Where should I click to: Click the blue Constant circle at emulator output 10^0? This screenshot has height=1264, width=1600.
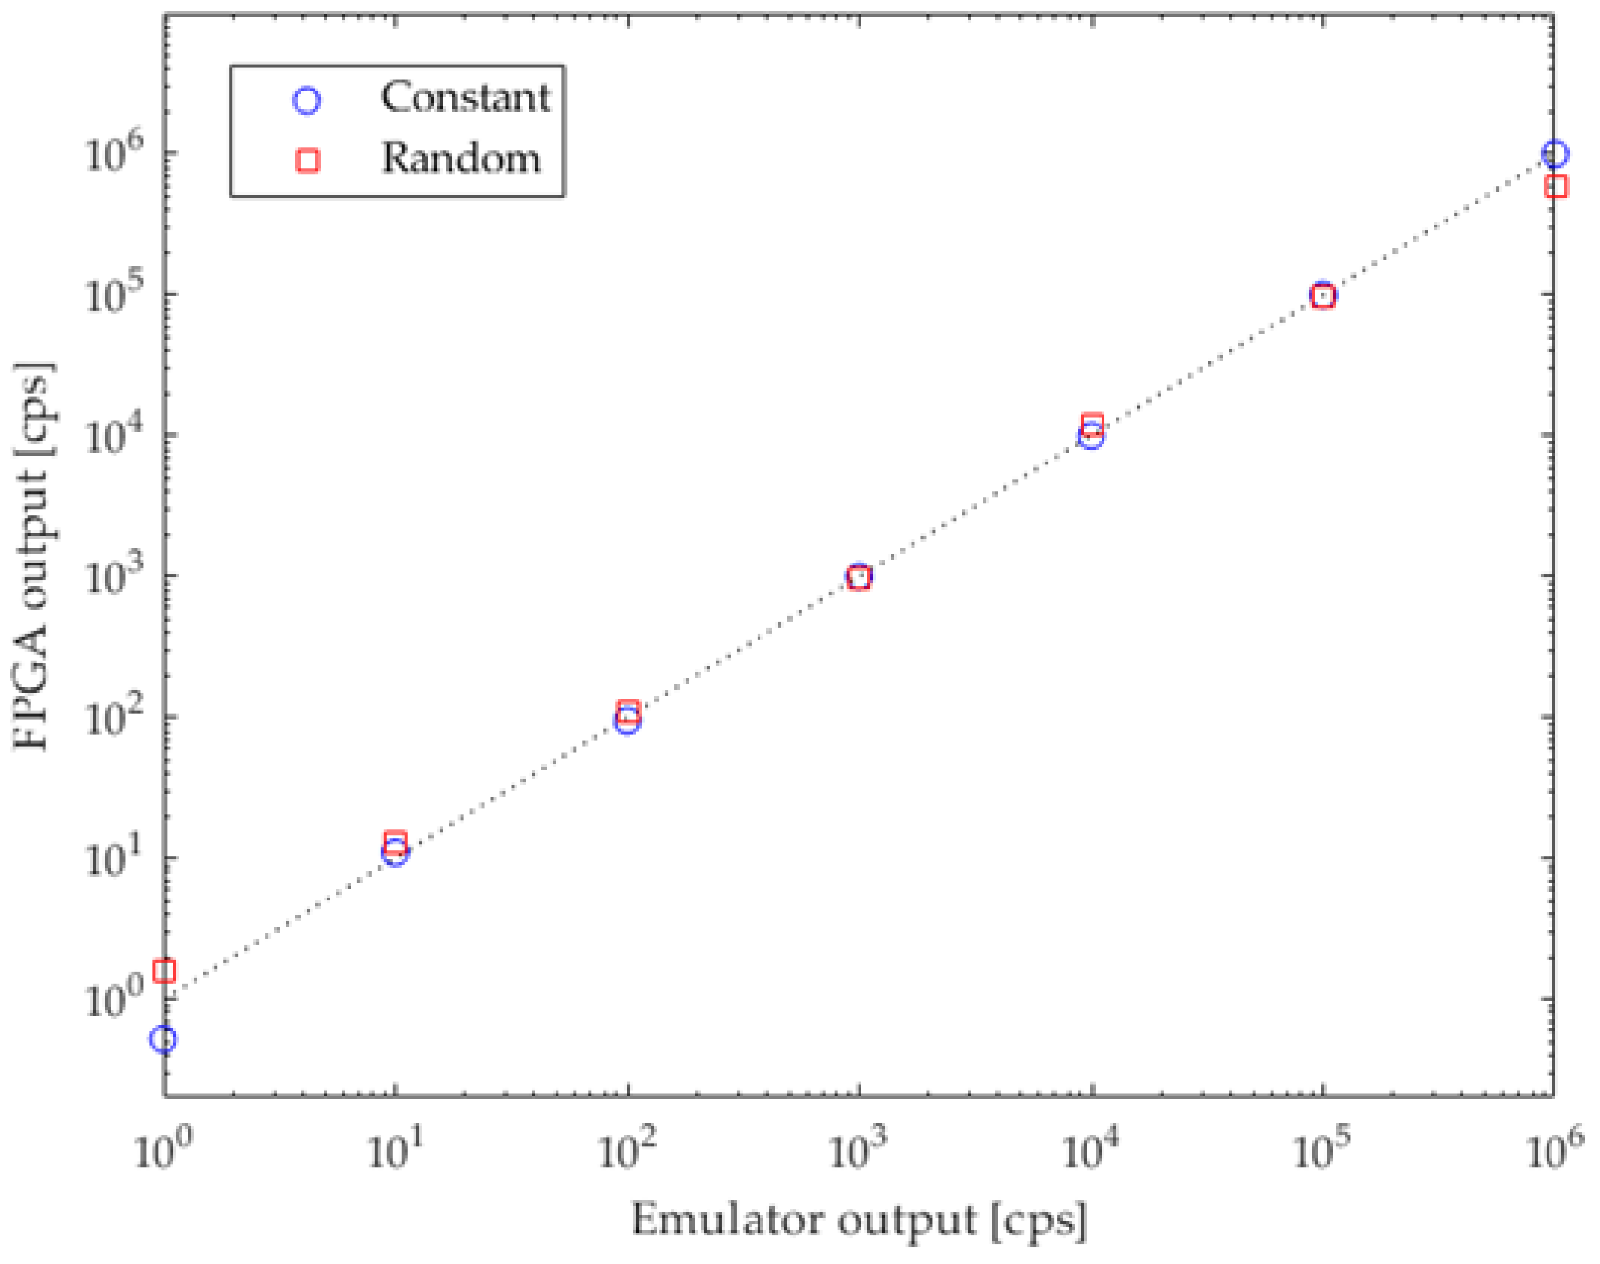[163, 1039]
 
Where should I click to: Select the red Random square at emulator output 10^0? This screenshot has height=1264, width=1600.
[163, 970]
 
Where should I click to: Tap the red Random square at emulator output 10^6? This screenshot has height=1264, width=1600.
[1557, 186]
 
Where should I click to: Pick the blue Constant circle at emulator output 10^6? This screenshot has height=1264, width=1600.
[1555, 154]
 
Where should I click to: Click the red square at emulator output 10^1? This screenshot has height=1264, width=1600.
[395, 842]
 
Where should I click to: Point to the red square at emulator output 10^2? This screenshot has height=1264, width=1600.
[627, 711]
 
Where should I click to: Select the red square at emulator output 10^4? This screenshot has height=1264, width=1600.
[1091, 424]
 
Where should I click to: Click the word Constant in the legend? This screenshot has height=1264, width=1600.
[465, 97]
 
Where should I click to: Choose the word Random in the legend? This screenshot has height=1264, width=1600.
[460, 159]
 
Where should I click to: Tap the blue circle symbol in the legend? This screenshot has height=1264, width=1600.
[307, 100]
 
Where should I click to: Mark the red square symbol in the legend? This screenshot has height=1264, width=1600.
[307, 160]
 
